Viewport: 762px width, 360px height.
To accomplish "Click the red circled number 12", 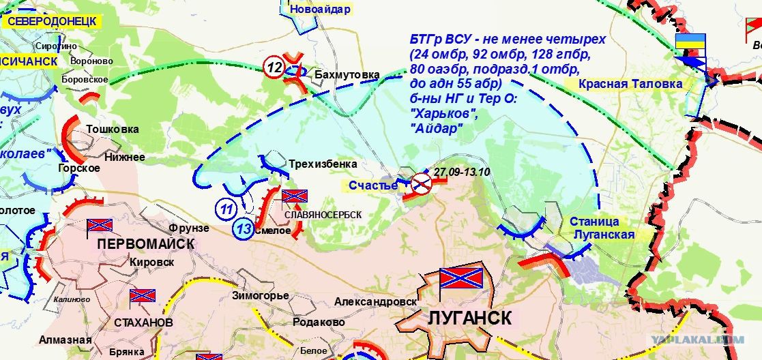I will point(274,68).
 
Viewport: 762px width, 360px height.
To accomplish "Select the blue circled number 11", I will point(227,208).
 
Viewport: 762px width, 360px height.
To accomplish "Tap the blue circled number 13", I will point(244,229).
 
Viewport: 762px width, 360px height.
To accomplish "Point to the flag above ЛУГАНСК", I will point(460,277).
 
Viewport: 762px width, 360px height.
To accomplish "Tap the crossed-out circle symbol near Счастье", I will point(421,182).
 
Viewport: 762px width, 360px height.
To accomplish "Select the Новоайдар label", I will point(320,10).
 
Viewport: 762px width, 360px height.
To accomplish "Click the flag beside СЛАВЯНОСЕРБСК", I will point(295,197).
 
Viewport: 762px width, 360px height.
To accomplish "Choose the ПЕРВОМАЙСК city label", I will point(145,243).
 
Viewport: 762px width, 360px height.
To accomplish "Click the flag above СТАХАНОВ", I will point(143,296).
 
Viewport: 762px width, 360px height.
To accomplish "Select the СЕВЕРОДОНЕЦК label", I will point(51,20).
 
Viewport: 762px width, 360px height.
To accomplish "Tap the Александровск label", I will point(375,301).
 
